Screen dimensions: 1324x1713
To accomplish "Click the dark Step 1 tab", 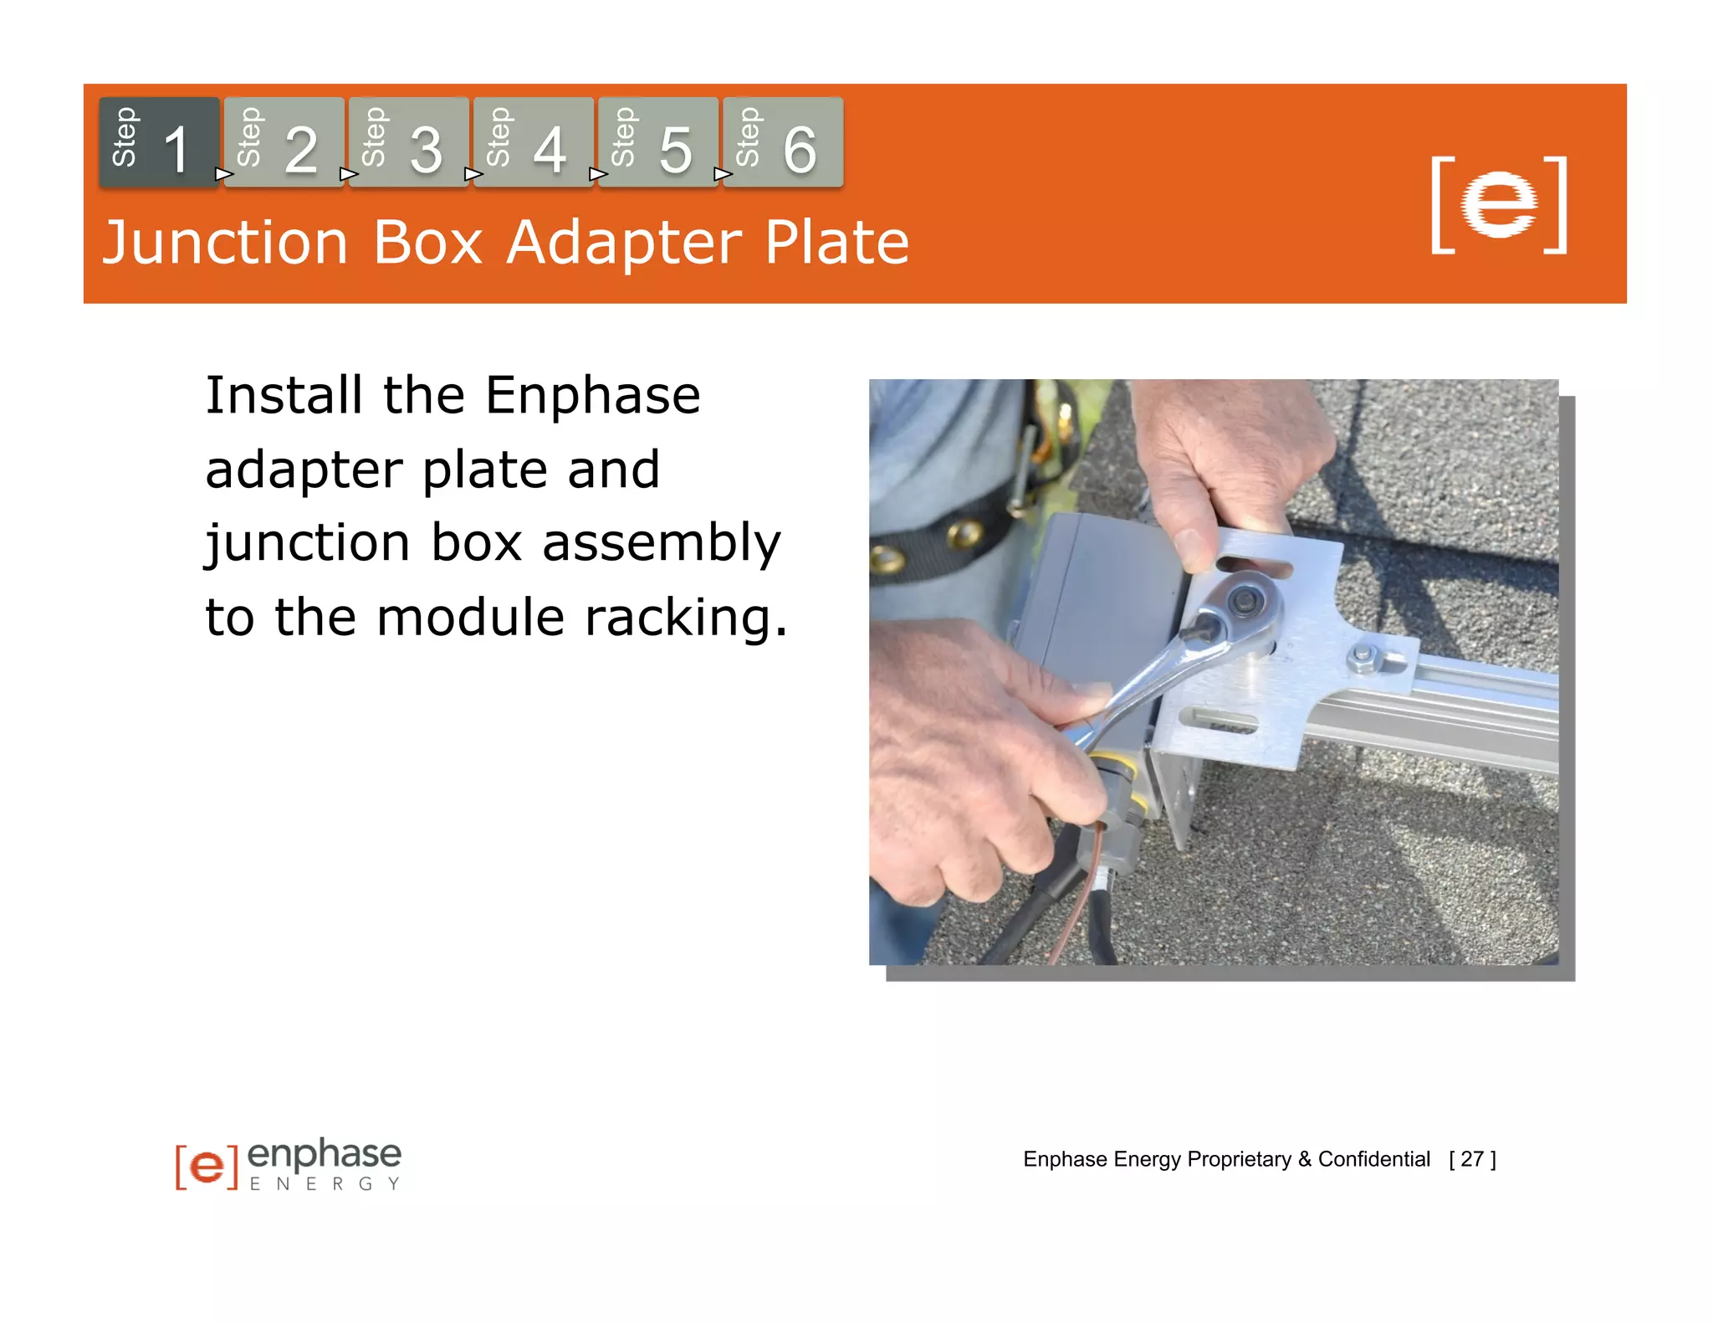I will coord(159,142).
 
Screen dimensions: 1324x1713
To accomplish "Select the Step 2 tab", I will coord(284,142).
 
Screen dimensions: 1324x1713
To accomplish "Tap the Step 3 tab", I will coord(408,142).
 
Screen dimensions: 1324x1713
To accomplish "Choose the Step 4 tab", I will coord(533,142).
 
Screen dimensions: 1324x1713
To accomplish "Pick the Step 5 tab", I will coord(657,142).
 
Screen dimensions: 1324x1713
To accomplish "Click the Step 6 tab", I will coord(782,142).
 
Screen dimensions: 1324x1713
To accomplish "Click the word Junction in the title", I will coord(224,244).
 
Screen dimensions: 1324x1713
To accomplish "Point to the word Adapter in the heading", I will coord(624,244).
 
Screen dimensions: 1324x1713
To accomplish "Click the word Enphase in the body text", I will coord(592,395).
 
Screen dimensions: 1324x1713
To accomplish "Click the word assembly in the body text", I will coord(661,544).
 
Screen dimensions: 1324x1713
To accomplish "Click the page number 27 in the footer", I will coord(1472,1159).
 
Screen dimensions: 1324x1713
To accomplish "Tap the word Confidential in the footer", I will coord(1373,1159).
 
